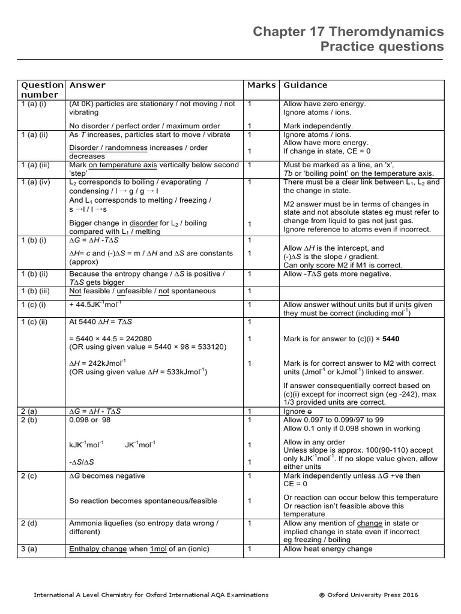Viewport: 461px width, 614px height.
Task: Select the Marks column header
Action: click(261, 85)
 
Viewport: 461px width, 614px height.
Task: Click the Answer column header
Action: click(88, 85)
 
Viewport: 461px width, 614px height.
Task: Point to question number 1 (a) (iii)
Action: click(40, 164)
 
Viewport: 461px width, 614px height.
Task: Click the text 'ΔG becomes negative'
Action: click(107, 475)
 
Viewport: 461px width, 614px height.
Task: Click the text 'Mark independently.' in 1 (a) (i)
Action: click(318, 126)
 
